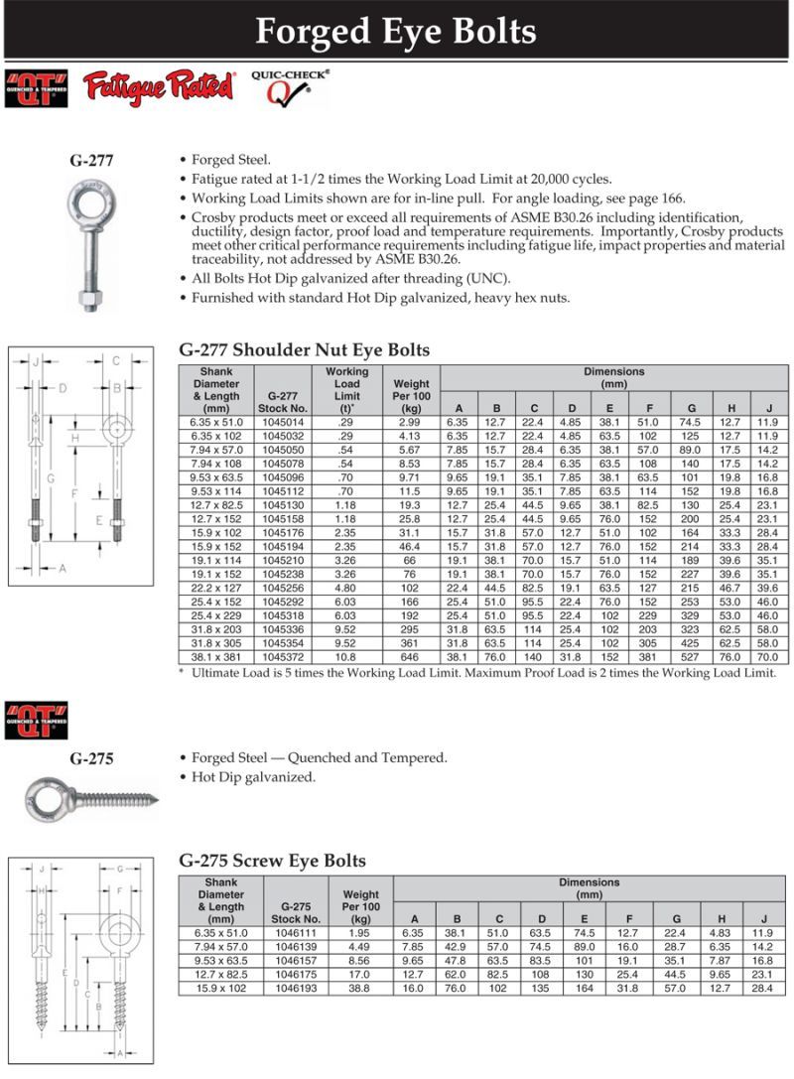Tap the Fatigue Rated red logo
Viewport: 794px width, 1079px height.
pyautogui.click(x=159, y=86)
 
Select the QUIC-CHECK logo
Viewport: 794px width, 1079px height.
pyautogui.click(x=290, y=87)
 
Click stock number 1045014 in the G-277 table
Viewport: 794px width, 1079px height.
pyautogui.click(x=284, y=421)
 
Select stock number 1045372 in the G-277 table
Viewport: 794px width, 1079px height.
pyautogui.click(x=284, y=657)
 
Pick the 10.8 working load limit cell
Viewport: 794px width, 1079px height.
pyautogui.click(x=346, y=657)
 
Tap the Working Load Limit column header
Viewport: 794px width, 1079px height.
pyautogui.click(x=346, y=389)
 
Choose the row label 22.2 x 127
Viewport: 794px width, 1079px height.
pyautogui.click(x=215, y=588)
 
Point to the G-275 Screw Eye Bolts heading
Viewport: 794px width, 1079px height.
pyautogui.click(x=272, y=861)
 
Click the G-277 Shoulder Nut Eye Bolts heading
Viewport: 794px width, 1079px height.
pyautogui.click(x=304, y=349)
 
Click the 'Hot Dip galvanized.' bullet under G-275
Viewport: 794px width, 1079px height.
pyautogui.click(x=253, y=777)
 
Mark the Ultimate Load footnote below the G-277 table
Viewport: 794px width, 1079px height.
pyautogui.click(x=476, y=673)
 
